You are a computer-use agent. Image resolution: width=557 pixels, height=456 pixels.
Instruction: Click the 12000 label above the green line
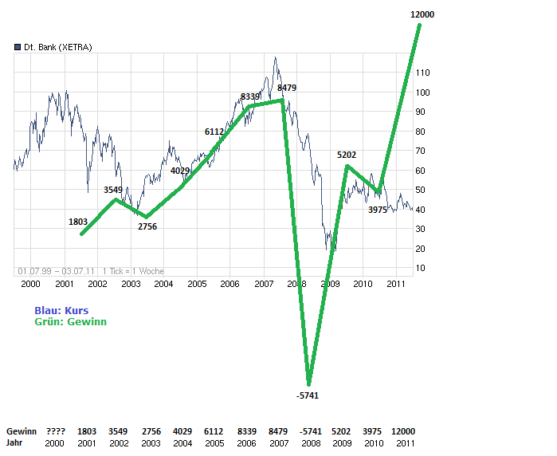pyautogui.click(x=422, y=15)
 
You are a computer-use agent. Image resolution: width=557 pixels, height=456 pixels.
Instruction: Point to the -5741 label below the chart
pyautogui.click(x=307, y=395)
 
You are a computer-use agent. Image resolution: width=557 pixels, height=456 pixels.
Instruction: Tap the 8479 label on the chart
pyautogui.click(x=287, y=88)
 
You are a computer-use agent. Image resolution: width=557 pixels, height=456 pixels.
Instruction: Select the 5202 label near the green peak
pyautogui.click(x=347, y=154)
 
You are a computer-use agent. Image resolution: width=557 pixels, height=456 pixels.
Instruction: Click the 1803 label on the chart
pyautogui.click(x=79, y=222)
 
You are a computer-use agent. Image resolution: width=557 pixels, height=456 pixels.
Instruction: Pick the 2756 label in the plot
pyautogui.click(x=147, y=226)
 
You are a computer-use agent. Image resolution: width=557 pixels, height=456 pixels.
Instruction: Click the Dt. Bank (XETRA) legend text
pyautogui.click(x=57, y=47)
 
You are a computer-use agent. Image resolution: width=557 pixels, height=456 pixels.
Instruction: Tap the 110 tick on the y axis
pyautogui.click(x=422, y=73)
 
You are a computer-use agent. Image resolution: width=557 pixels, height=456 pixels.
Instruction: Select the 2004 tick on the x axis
pyautogui.click(x=163, y=284)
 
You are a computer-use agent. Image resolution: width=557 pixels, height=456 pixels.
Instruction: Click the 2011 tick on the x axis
pyautogui.click(x=396, y=284)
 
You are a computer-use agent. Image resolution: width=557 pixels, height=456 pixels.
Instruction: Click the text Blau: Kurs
pyautogui.click(x=61, y=310)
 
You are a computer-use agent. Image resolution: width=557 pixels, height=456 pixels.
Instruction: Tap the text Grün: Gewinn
pyautogui.click(x=70, y=322)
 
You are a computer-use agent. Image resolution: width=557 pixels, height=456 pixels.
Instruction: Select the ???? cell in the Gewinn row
pyautogui.click(x=55, y=431)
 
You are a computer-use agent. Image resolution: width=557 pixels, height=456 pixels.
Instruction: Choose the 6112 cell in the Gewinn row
pyautogui.click(x=214, y=431)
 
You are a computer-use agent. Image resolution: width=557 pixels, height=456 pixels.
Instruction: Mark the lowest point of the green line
pyautogui.click(x=308, y=383)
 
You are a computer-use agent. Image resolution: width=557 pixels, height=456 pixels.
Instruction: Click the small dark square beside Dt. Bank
pyautogui.click(x=17, y=47)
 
